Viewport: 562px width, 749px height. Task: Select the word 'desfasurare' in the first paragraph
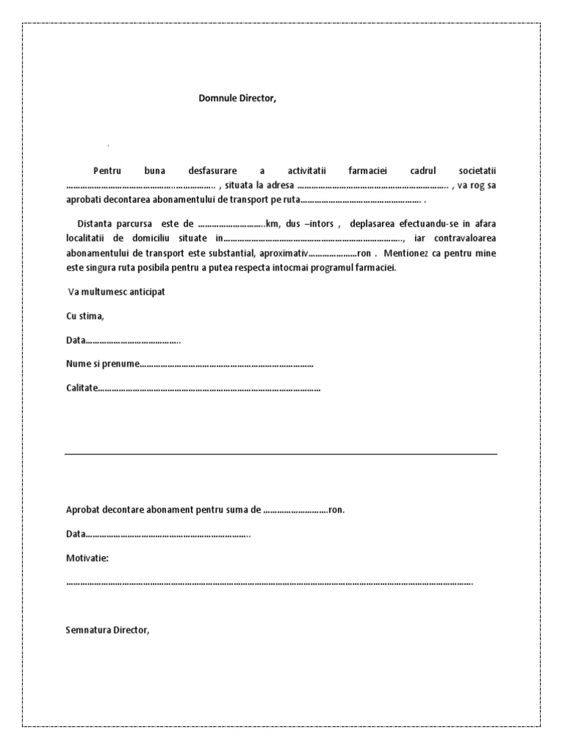[212, 170]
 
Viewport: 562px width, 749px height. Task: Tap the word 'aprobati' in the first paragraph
[83, 200]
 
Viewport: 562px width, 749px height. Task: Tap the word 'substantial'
[225, 253]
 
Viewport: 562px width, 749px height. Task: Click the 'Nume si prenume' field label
[102, 364]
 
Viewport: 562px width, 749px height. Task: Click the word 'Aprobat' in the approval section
[83, 510]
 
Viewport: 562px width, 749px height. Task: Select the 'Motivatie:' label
[87, 558]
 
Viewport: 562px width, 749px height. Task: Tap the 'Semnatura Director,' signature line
[108, 630]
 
